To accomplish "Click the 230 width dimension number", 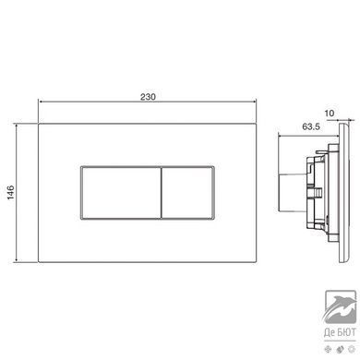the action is click(x=148, y=97).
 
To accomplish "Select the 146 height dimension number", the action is click(x=11, y=192).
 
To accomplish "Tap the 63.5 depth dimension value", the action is click(x=311, y=126).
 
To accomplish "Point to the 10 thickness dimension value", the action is click(x=330, y=114).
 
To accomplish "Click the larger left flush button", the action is click(x=121, y=193).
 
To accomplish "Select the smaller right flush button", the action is click(x=187, y=193).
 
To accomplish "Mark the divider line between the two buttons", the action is click(x=162, y=193).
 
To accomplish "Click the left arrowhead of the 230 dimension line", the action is click(x=41, y=102).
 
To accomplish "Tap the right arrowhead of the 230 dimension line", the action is click(x=254, y=102).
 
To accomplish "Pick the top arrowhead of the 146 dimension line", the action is click(x=16, y=126).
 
